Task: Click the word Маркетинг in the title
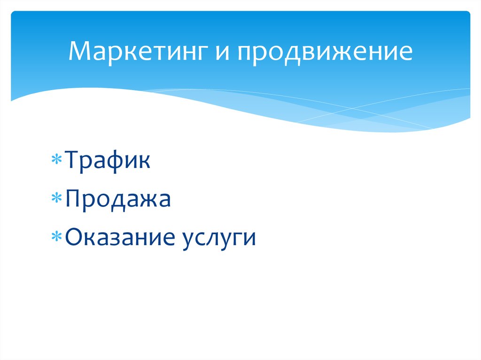tap(139, 52)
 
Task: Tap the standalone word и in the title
tap(225, 53)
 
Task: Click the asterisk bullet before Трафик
tap(56, 161)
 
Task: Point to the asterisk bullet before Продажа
tap(56, 199)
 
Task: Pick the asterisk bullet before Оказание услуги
tap(56, 238)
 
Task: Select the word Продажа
tap(118, 199)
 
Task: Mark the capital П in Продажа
tap(74, 199)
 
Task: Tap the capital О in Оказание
tap(75, 238)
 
